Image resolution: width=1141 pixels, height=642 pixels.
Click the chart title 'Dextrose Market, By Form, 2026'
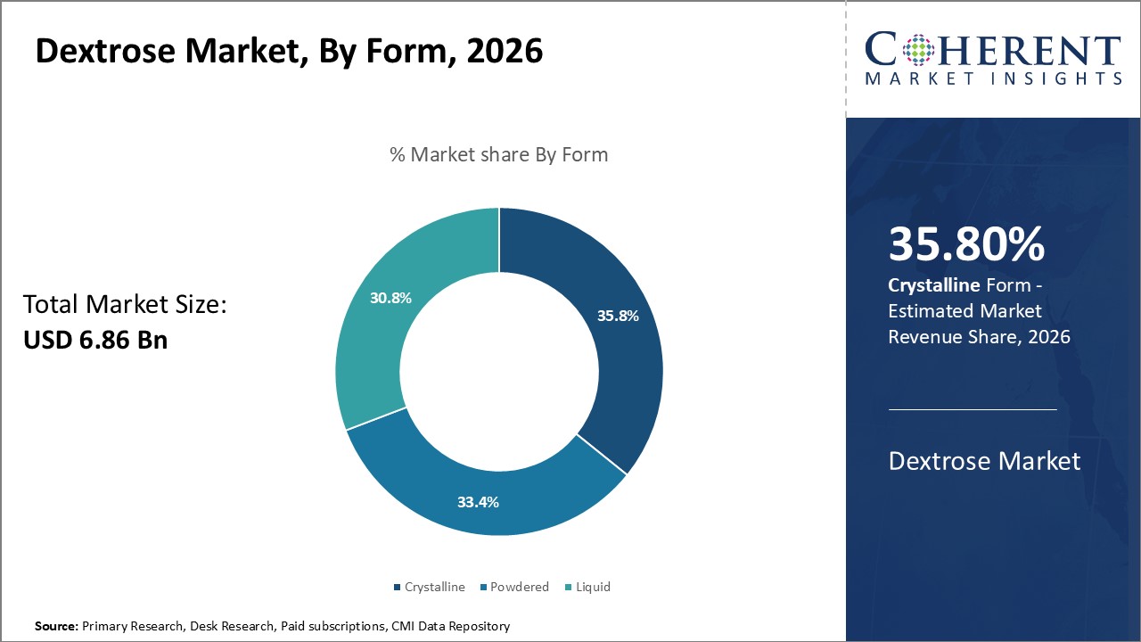tap(289, 51)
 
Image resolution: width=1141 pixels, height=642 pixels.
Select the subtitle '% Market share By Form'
tap(498, 154)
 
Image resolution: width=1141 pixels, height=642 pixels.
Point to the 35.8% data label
tap(618, 316)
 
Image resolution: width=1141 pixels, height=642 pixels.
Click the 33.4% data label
tap(478, 502)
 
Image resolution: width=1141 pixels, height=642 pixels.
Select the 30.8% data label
tap(390, 298)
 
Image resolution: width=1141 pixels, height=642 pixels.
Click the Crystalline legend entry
tap(430, 587)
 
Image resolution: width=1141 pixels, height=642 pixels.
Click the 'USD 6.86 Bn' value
tap(95, 340)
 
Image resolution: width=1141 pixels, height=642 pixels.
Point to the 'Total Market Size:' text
tap(125, 305)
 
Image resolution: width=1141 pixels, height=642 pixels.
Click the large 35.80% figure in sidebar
tap(966, 245)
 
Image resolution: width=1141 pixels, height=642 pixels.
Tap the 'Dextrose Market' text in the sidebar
tap(984, 461)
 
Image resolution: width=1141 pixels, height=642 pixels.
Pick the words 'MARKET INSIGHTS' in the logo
tap(993, 78)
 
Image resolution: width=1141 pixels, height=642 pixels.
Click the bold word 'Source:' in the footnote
tap(56, 627)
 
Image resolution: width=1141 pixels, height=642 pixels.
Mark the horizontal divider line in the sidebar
tap(973, 409)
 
